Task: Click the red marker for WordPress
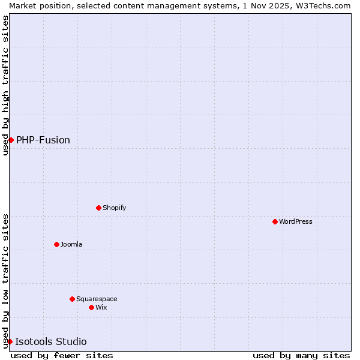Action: tap(275, 221)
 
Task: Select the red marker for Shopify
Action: tap(98, 208)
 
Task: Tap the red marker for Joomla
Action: tap(56, 244)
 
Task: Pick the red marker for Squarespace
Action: tap(72, 299)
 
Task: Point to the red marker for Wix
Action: tap(91, 307)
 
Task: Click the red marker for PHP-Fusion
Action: tap(11, 140)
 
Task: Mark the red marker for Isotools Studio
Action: tap(10, 341)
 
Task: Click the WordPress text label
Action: tap(296, 221)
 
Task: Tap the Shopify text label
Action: tap(114, 208)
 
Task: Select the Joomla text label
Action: tap(71, 244)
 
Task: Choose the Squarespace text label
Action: tap(97, 299)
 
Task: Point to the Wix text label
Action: tap(101, 307)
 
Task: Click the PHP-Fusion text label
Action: tap(43, 140)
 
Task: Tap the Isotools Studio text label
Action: tap(51, 341)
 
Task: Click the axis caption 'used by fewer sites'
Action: tap(62, 355)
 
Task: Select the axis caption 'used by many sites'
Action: tap(301, 355)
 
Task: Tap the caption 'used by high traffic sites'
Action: tap(5, 85)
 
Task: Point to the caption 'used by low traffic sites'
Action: tap(5, 281)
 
